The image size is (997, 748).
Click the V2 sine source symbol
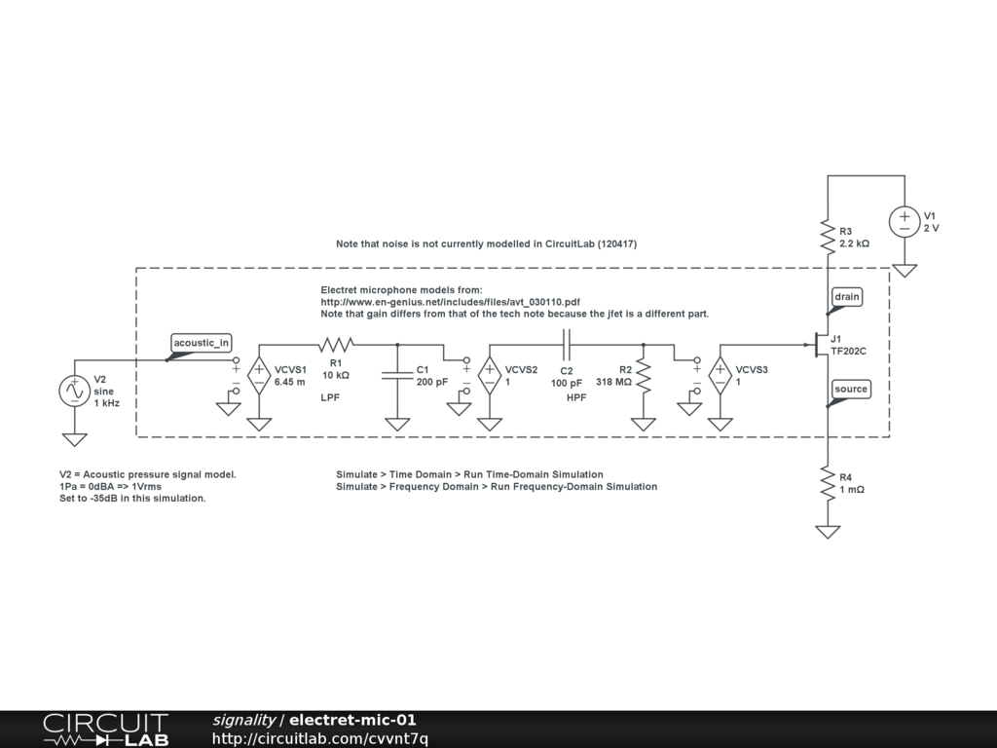click(x=74, y=392)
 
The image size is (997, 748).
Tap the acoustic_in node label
click(x=202, y=342)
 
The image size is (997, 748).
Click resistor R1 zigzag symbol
click(x=336, y=344)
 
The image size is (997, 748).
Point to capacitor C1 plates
click(x=397, y=375)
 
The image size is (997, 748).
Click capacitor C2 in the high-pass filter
click(x=567, y=344)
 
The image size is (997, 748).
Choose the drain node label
click(x=847, y=296)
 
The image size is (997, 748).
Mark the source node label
click(x=850, y=390)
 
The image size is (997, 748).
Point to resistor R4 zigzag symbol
click(x=827, y=484)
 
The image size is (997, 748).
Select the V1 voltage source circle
click(x=905, y=221)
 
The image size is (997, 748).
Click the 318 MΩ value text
click(x=614, y=382)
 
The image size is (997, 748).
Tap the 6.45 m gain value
click(x=290, y=382)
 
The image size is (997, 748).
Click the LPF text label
click(x=330, y=398)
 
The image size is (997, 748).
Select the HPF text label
click(x=576, y=398)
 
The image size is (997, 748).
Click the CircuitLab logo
click(x=105, y=729)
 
